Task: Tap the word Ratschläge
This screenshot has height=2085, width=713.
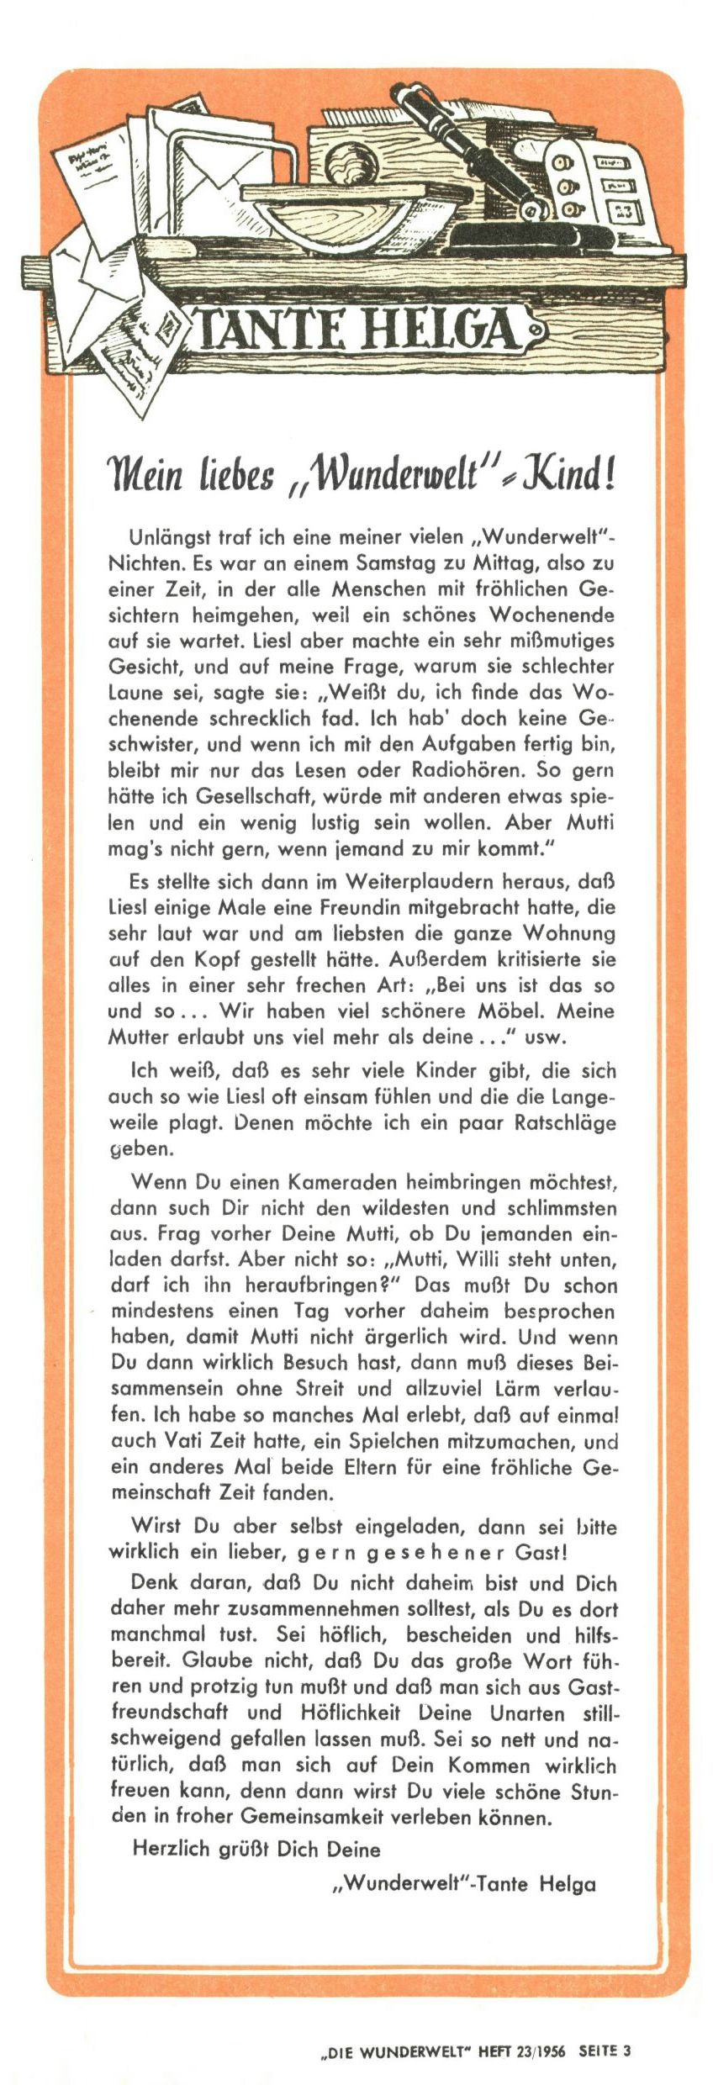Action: [564, 1122]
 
